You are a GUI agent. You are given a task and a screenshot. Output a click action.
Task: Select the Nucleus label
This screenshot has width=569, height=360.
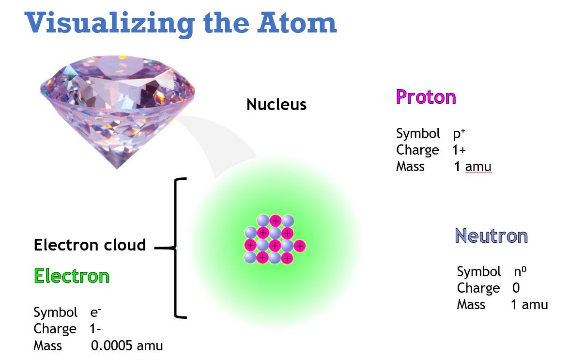(x=277, y=104)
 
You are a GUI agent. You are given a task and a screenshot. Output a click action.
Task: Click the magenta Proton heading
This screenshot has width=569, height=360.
(x=426, y=97)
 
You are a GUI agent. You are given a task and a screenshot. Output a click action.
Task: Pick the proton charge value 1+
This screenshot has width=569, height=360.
(x=459, y=150)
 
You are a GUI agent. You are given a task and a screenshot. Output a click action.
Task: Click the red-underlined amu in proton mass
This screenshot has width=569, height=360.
(x=478, y=167)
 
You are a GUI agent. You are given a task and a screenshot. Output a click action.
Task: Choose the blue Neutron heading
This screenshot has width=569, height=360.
(x=491, y=236)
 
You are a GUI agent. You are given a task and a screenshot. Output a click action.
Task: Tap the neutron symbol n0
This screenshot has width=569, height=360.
(x=520, y=271)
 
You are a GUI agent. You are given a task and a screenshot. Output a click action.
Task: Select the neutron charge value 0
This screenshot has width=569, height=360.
(x=516, y=288)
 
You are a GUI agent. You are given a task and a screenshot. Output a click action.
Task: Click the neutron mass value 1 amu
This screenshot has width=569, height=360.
(x=529, y=305)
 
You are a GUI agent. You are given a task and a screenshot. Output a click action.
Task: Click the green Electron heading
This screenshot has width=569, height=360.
(x=72, y=276)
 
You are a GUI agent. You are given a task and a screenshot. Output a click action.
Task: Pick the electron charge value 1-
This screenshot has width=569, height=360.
(x=95, y=329)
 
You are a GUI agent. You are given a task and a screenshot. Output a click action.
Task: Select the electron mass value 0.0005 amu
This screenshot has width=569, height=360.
(x=127, y=346)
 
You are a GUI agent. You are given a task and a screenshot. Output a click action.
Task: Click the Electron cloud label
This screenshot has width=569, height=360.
(x=90, y=245)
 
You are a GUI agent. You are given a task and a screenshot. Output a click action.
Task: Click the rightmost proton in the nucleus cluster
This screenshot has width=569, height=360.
(x=300, y=246)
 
